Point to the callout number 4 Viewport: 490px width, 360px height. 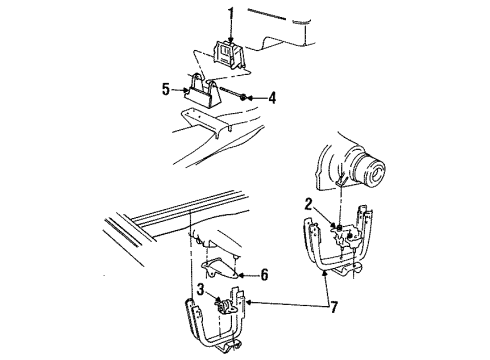point(272,98)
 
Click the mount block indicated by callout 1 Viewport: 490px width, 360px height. point(228,55)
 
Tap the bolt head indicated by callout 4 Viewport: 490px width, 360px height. point(246,96)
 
